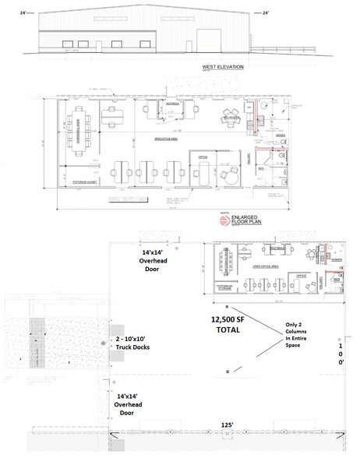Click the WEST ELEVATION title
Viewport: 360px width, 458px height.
tap(224, 67)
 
